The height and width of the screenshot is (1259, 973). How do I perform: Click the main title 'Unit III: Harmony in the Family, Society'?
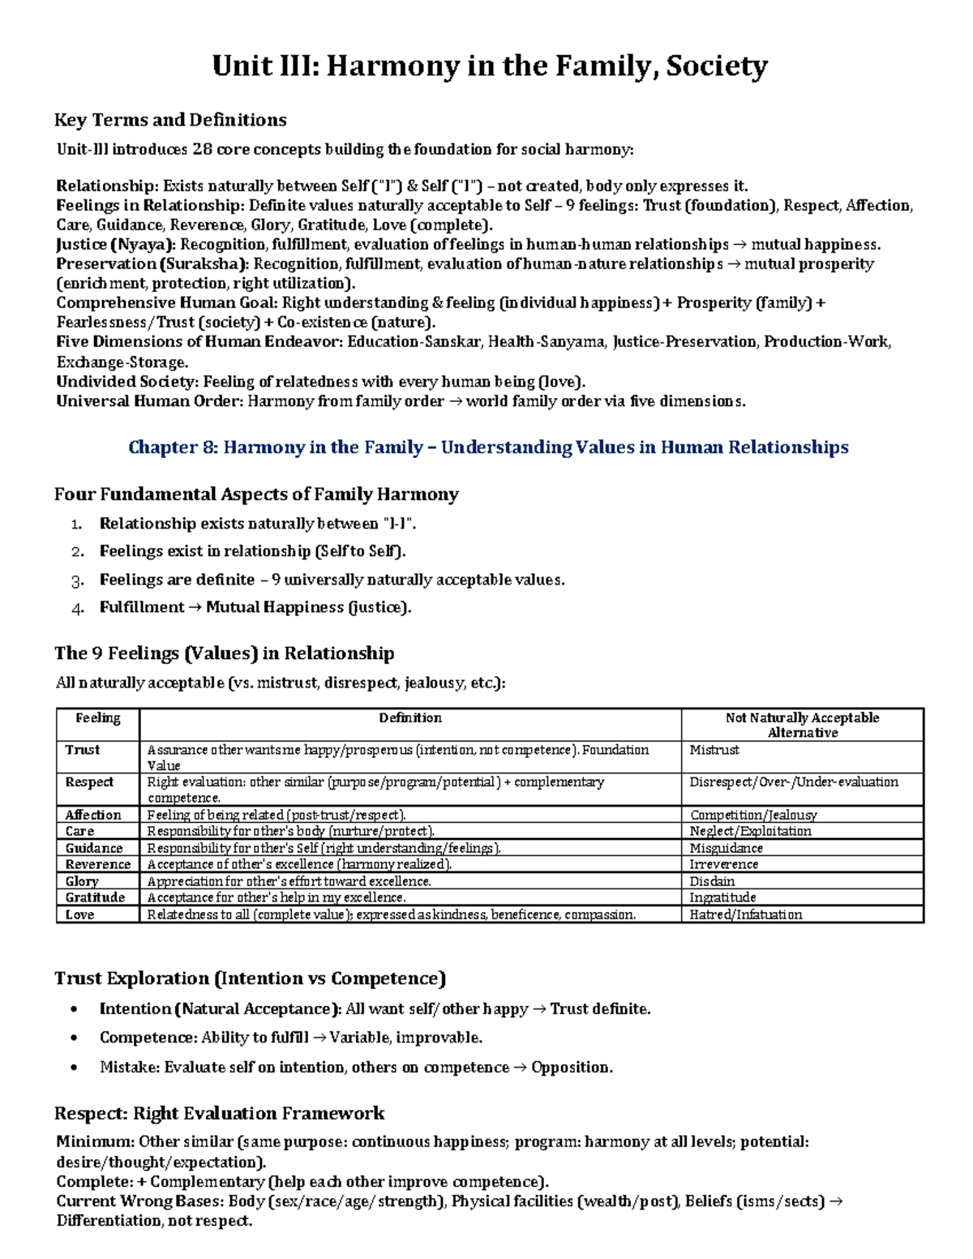tap(489, 66)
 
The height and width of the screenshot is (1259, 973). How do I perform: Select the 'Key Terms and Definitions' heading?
tap(170, 120)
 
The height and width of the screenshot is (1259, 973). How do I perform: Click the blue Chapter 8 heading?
tap(488, 448)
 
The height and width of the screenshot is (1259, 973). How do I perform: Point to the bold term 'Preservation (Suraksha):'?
tap(152, 264)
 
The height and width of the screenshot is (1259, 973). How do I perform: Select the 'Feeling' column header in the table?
tap(97, 718)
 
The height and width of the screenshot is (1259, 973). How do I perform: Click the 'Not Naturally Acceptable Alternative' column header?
tap(802, 725)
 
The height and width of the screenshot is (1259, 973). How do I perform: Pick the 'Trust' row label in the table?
tap(83, 750)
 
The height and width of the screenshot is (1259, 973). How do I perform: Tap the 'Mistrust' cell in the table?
tap(714, 750)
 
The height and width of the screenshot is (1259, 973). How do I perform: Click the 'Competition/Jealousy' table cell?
tap(752, 815)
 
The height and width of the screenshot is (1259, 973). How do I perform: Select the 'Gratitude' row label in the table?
tap(95, 897)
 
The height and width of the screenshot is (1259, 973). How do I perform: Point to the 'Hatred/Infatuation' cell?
tap(745, 914)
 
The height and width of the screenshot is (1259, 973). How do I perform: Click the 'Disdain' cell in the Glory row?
tap(712, 881)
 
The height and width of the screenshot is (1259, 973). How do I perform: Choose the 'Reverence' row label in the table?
tap(97, 864)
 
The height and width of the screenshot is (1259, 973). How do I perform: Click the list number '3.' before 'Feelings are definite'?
tap(77, 580)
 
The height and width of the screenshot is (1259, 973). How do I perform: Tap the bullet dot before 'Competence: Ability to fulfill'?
tap(75, 1038)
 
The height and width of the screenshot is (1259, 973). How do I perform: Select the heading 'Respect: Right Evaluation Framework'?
tap(219, 1113)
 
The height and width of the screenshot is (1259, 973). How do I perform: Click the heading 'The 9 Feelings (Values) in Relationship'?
tap(224, 653)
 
